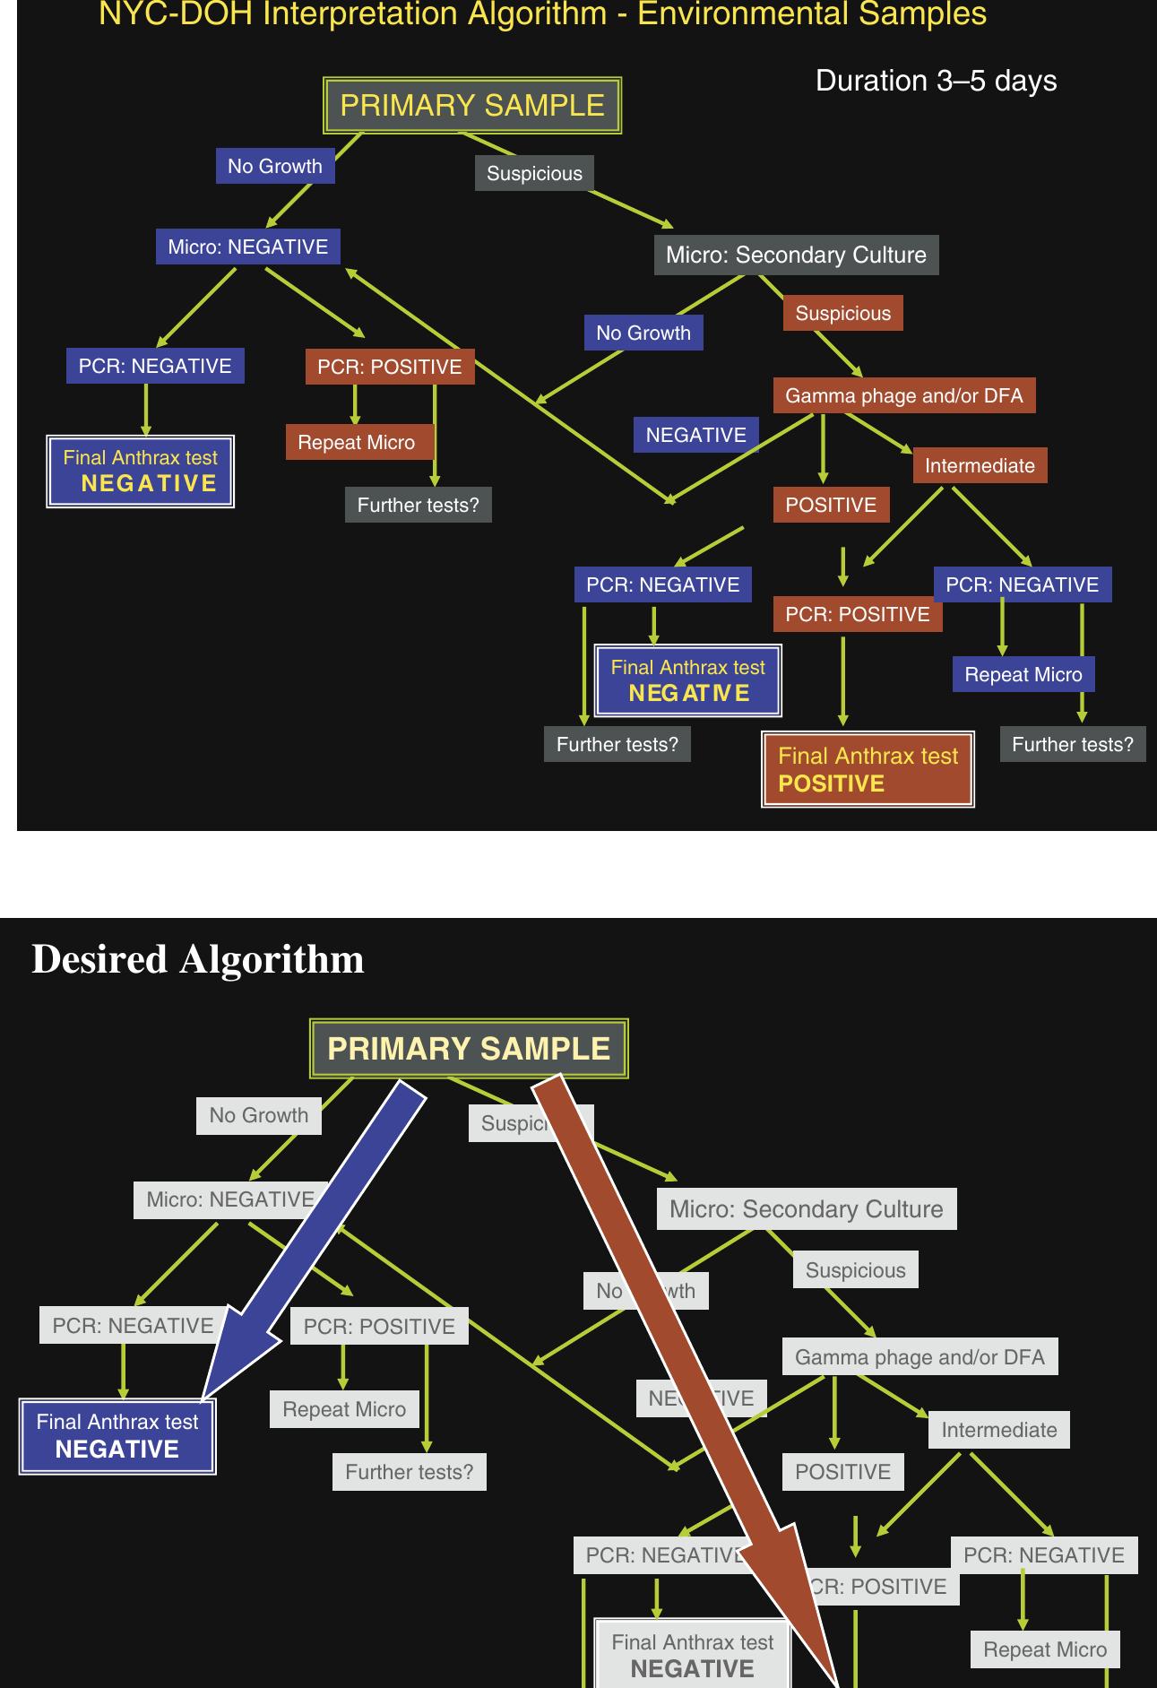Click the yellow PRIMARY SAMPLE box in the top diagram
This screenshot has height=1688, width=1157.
[471, 106]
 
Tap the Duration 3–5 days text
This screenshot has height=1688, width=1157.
[936, 81]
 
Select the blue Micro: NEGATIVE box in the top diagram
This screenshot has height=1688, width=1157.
[248, 247]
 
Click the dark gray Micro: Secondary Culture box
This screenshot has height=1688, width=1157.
[796, 255]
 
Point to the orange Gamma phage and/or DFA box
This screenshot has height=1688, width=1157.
[903, 395]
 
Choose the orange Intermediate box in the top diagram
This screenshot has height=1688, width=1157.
[980, 465]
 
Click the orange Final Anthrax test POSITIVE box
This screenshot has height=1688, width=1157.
[868, 769]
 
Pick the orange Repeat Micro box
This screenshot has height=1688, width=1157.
[357, 442]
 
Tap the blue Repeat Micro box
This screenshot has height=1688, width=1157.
[1023, 674]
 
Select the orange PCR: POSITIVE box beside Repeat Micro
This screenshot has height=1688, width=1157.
[389, 367]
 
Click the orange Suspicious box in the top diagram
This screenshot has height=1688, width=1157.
[842, 313]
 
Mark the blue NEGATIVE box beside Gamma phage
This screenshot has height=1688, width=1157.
[695, 435]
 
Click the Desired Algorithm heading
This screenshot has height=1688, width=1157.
[198, 959]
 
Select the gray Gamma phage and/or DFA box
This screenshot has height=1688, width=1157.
[920, 1356]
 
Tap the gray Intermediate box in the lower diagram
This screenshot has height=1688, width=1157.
[998, 1430]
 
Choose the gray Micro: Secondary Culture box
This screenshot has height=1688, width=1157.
[806, 1208]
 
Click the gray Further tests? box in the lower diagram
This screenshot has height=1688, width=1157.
[409, 1472]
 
